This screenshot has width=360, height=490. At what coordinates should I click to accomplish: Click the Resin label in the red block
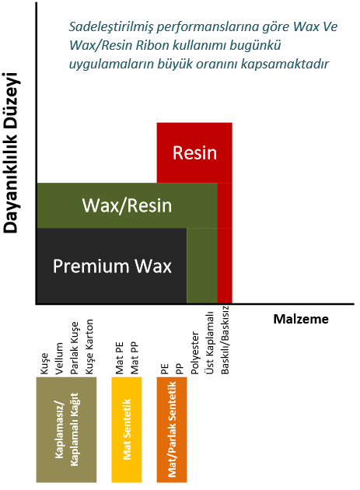coord(194,152)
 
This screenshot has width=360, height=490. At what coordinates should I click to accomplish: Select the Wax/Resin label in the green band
coord(127,205)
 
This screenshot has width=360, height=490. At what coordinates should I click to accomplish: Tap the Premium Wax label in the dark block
coord(112,266)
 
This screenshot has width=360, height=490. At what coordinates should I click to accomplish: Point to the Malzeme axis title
coord(301,319)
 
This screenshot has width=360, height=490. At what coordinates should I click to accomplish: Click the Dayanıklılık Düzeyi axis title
coord(12,152)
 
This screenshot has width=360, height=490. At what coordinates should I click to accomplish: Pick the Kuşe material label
coord(44,363)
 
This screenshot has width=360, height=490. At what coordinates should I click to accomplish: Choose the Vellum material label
coord(59,359)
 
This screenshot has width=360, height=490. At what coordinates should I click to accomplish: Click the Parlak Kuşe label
coord(74,348)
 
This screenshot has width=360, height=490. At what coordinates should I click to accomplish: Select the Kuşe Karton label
coord(89,347)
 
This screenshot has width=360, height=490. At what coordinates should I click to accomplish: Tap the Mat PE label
coord(120,358)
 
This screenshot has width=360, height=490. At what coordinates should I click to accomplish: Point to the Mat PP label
coord(135,358)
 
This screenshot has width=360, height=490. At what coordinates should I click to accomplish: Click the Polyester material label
coord(195,353)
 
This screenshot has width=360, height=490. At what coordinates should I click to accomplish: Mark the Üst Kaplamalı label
coord(210,343)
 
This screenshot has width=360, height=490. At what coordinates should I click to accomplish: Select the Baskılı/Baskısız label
coord(225,340)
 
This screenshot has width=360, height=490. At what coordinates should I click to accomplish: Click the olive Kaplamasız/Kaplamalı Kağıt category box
coord(66,429)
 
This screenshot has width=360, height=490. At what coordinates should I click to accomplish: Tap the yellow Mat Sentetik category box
coord(127,429)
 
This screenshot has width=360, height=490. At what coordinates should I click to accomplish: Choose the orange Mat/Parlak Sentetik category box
coord(172,429)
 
